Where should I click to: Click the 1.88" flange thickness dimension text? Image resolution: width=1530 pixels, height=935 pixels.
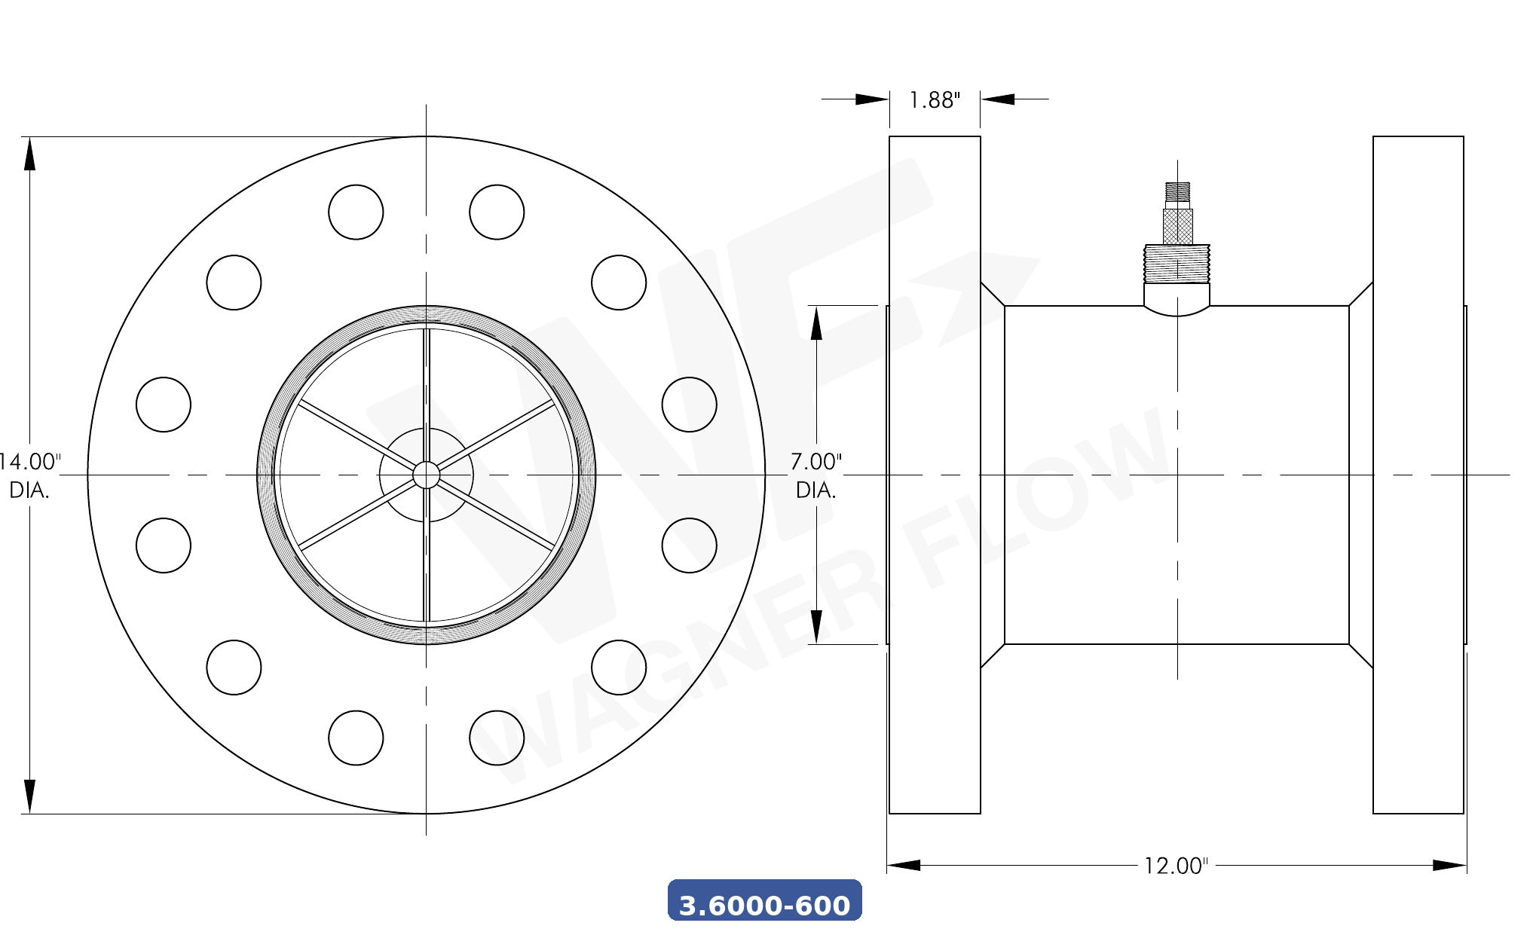(x=934, y=100)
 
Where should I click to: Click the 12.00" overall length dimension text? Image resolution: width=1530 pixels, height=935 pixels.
(x=1175, y=866)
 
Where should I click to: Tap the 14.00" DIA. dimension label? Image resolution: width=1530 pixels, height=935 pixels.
(x=30, y=475)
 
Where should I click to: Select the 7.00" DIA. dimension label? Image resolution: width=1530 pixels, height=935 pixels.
(x=815, y=475)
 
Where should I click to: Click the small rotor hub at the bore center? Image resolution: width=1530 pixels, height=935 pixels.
(x=426, y=475)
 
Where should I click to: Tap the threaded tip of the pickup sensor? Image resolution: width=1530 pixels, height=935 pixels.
(x=1177, y=191)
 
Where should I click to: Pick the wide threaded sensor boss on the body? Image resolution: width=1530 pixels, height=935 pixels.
(x=1177, y=263)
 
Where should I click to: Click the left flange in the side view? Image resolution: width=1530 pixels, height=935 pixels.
(x=935, y=475)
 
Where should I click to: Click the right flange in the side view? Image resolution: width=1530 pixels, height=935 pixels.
(x=1418, y=475)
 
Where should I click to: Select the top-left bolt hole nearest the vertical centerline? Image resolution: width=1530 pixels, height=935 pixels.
(x=356, y=212)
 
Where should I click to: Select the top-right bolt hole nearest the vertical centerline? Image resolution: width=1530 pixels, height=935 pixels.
(x=497, y=212)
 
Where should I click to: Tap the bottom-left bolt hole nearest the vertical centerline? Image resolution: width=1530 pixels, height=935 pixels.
(x=356, y=738)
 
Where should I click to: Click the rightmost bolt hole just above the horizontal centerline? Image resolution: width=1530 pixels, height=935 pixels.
(x=689, y=405)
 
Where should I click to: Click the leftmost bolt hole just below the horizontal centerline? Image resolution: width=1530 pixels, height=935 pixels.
(x=164, y=545)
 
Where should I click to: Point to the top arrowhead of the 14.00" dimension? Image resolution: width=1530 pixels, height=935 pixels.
(x=29, y=154)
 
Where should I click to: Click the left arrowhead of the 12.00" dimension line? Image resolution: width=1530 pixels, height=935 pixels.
(x=904, y=865)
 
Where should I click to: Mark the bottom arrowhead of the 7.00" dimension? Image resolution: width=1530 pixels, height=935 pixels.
(x=815, y=627)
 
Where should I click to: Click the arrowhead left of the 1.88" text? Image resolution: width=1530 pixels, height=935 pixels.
(x=872, y=99)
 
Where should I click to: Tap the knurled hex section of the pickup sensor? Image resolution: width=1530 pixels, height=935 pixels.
(x=1177, y=226)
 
